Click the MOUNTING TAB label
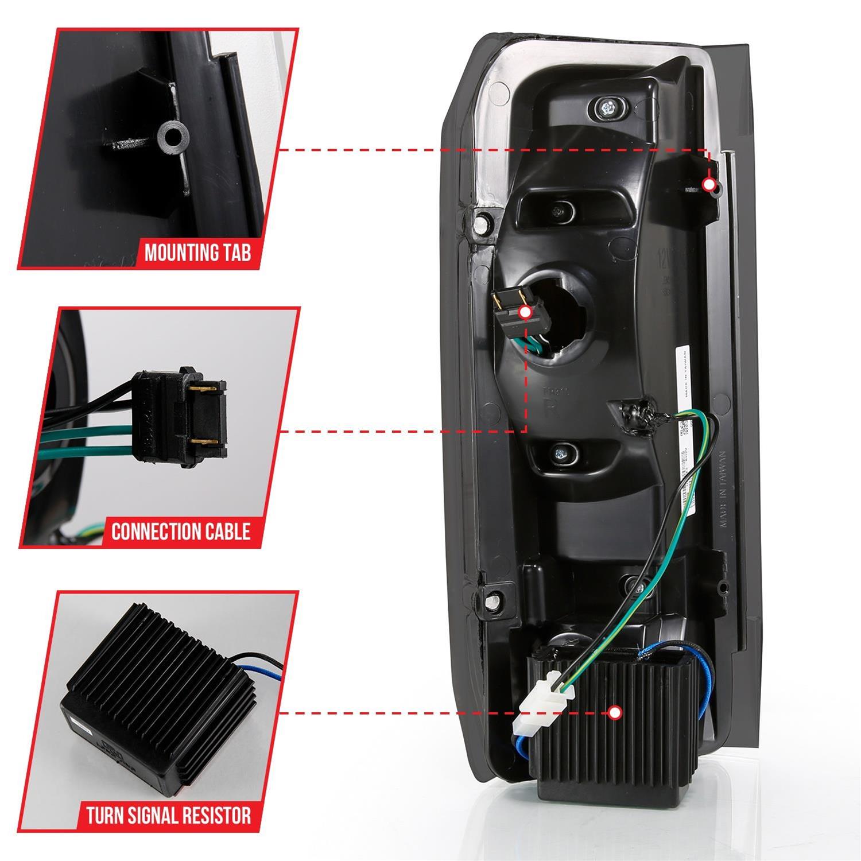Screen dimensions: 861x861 click(x=197, y=253)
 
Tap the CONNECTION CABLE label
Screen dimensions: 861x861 click(x=181, y=531)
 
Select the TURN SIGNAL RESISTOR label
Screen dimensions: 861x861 click(x=169, y=815)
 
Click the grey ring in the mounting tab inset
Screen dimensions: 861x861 click(x=174, y=137)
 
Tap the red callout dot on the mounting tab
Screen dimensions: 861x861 click(x=709, y=185)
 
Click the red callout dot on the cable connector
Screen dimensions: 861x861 click(x=525, y=312)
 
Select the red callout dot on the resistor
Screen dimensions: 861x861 click(x=615, y=713)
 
